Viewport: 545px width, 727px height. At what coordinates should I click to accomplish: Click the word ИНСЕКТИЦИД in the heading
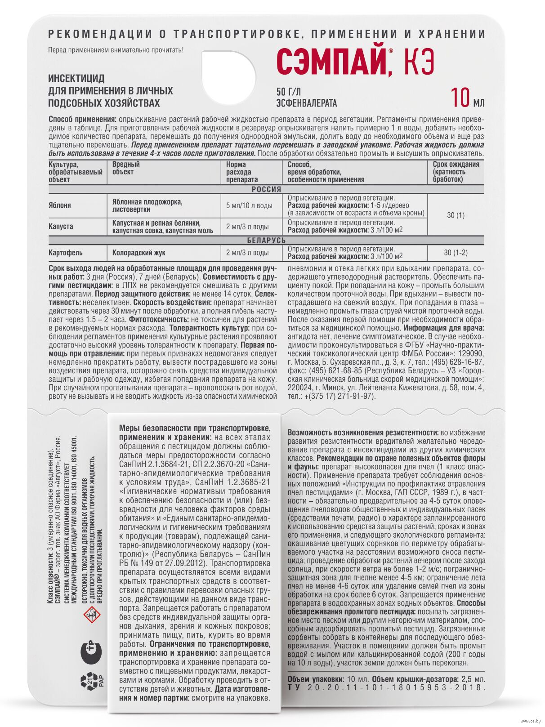[x=76, y=78]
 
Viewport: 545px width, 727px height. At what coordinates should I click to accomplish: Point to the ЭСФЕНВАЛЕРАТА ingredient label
[x=307, y=103]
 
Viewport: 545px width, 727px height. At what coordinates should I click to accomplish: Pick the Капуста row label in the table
[x=61, y=227]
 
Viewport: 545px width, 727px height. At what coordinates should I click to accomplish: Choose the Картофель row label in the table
[x=66, y=253]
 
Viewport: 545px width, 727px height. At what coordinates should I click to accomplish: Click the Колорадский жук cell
[x=138, y=253]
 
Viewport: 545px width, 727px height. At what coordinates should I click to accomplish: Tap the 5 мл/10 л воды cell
[x=249, y=206]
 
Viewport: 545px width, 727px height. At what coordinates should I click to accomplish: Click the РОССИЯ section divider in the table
[x=266, y=189]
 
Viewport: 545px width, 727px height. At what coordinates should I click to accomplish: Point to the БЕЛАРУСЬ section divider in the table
[x=266, y=241]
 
